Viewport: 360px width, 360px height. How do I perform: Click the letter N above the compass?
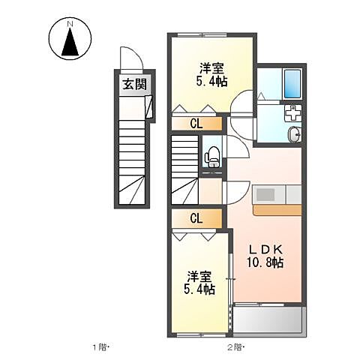(x=71, y=25)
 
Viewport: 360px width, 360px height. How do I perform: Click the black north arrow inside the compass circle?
(x=71, y=45)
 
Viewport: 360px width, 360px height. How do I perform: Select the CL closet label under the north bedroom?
(x=195, y=124)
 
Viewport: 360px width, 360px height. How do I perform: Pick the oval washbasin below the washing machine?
(x=294, y=134)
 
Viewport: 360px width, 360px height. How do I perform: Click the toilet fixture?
(x=212, y=155)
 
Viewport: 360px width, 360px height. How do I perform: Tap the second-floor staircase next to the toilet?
(x=185, y=169)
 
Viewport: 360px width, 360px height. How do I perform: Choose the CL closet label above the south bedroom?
(x=195, y=219)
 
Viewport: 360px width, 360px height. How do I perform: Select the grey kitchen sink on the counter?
(x=267, y=195)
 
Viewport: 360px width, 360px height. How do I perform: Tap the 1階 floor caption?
(x=102, y=347)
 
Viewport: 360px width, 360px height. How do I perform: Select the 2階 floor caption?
(x=236, y=347)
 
